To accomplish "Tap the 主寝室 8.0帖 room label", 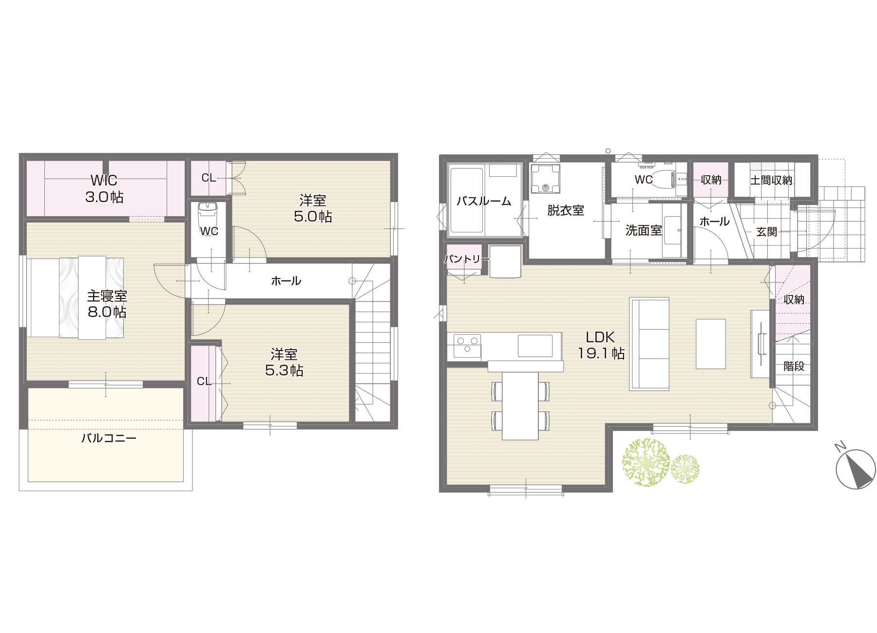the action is [x=107, y=304].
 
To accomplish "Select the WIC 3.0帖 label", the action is [x=104, y=189].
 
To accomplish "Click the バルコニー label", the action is [x=109, y=438].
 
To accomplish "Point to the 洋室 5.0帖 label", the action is [x=313, y=208].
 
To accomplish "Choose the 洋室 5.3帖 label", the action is [x=284, y=362].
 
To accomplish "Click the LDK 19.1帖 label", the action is [x=601, y=345].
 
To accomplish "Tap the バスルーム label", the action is [x=484, y=201].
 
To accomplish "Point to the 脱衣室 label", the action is [x=566, y=210].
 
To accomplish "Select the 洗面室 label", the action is [x=644, y=230].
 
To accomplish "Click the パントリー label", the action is [x=462, y=259].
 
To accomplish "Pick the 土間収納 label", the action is [x=771, y=180].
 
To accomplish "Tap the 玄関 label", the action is [x=766, y=232].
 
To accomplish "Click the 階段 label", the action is [x=794, y=366].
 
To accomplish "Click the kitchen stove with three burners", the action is [x=467, y=346].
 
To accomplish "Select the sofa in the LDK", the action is [x=649, y=344].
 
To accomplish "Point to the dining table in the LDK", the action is [x=520, y=406].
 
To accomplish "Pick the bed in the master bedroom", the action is [x=76, y=298].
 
